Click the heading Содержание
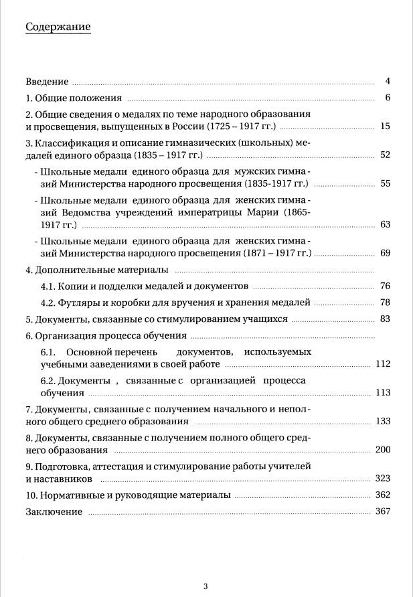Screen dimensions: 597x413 (58, 27)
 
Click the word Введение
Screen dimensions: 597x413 (47, 82)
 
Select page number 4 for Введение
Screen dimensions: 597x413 (388, 82)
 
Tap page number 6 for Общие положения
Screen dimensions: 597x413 (388, 98)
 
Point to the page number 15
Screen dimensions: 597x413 (385, 126)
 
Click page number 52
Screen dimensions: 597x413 (385, 155)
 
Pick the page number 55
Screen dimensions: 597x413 (385, 183)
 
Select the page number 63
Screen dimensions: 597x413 (385, 224)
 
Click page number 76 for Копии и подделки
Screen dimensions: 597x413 (385, 286)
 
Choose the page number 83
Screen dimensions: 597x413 (385, 319)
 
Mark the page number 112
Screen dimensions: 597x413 (383, 364)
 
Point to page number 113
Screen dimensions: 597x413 (383, 392)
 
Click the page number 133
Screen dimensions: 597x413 (383, 421)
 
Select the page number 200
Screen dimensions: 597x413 (383, 450)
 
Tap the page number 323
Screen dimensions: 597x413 (383, 479)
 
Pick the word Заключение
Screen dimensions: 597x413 (54, 512)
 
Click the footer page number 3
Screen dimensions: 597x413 (205, 586)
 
